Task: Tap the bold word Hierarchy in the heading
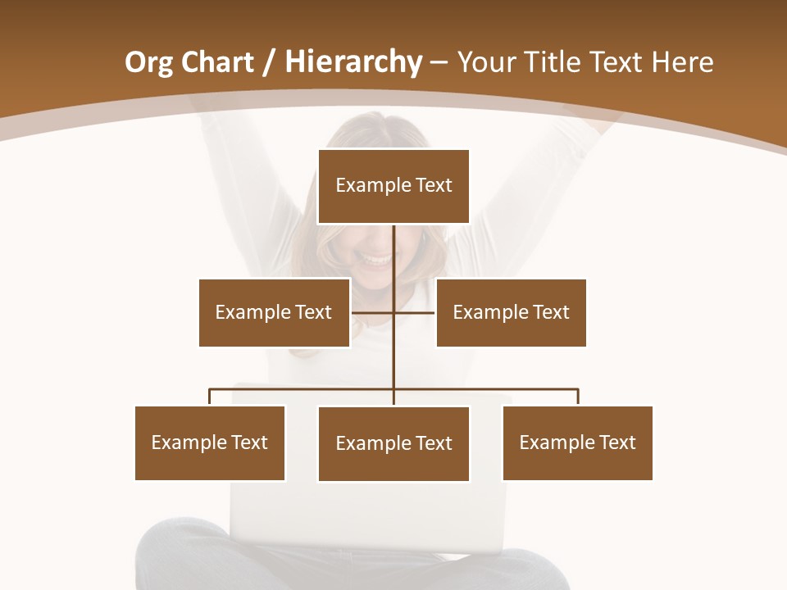point(353,62)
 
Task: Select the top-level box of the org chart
point(393,186)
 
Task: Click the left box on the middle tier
point(274,312)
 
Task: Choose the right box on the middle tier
point(511,312)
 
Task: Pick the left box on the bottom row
point(210,442)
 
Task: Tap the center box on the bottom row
point(393,443)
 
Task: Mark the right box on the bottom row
point(577,442)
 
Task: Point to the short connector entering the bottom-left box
point(210,397)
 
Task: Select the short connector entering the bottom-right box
point(578,397)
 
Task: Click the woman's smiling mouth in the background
point(377,261)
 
